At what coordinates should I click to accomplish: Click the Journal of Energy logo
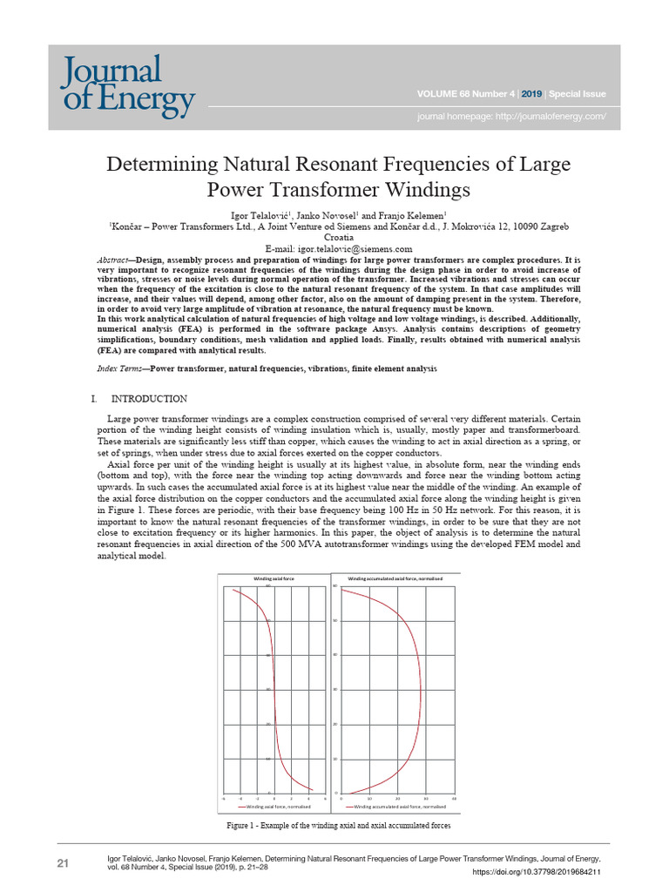pos(127,85)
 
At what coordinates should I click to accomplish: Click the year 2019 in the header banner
pos(530,94)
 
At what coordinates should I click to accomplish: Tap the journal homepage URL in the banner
pos(510,116)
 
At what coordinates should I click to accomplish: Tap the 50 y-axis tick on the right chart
pos(335,620)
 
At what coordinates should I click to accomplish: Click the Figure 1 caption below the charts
pos(339,825)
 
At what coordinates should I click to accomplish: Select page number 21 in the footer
pos(63,863)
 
